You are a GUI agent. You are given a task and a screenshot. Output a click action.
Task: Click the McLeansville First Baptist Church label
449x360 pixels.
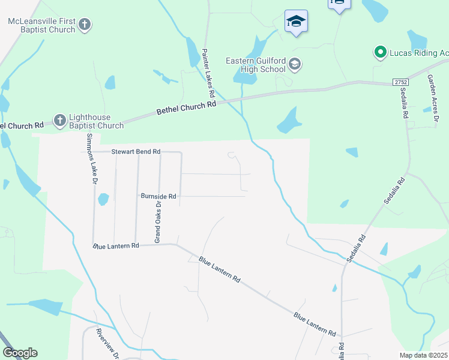(x=41, y=25)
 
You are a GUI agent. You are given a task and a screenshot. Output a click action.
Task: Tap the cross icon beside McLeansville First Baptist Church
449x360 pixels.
(x=85, y=25)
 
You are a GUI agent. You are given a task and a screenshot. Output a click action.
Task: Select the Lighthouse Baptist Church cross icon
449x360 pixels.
(x=59, y=121)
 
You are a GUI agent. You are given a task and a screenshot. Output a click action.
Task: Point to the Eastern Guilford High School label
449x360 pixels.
(x=255, y=64)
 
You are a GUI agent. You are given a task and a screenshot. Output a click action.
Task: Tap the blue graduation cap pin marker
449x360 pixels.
(x=296, y=22)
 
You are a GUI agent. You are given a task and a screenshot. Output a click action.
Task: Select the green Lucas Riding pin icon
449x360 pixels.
(x=380, y=53)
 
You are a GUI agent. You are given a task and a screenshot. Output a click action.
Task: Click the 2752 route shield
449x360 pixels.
(x=401, y=82)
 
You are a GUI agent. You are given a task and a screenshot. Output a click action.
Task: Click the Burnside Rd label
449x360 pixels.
(x=158, y=196)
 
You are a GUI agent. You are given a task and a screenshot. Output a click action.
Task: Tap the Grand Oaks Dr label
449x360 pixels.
(x=158, y=221)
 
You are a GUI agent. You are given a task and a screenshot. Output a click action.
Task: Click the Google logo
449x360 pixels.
(x=20, y=353)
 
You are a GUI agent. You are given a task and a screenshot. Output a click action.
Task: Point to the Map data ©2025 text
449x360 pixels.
(x=423, y=355)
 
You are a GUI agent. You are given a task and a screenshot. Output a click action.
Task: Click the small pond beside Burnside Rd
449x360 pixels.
(x=103, y=198)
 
